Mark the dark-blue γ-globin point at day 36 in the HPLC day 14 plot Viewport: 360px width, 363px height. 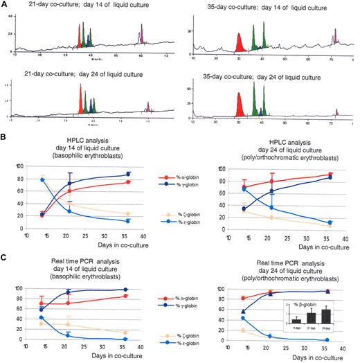(x=128, y=175)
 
